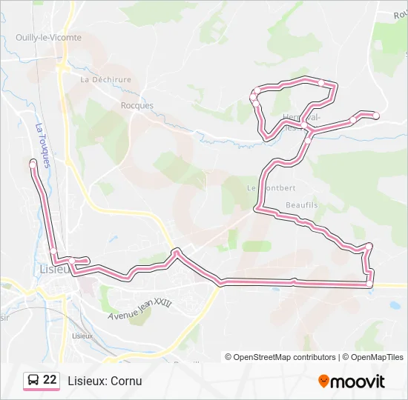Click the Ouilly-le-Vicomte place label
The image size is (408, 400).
point(49,37)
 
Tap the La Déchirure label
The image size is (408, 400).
point(106,79)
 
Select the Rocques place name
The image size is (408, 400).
point(137,105)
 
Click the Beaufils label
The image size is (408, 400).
point(301,204)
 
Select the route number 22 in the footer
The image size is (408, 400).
point(50,380)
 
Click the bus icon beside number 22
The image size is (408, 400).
point(33,381)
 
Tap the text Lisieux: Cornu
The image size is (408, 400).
point(105,381)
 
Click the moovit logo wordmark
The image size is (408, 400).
point(357,381)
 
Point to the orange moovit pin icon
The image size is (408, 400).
point(323,381)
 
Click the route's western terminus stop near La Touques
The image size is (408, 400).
point(33,162)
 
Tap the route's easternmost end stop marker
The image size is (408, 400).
point(376,115)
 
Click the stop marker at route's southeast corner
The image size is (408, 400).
point(369,284)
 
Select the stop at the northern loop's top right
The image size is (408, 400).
point(321,82)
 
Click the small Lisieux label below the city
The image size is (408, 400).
point(82,336)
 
